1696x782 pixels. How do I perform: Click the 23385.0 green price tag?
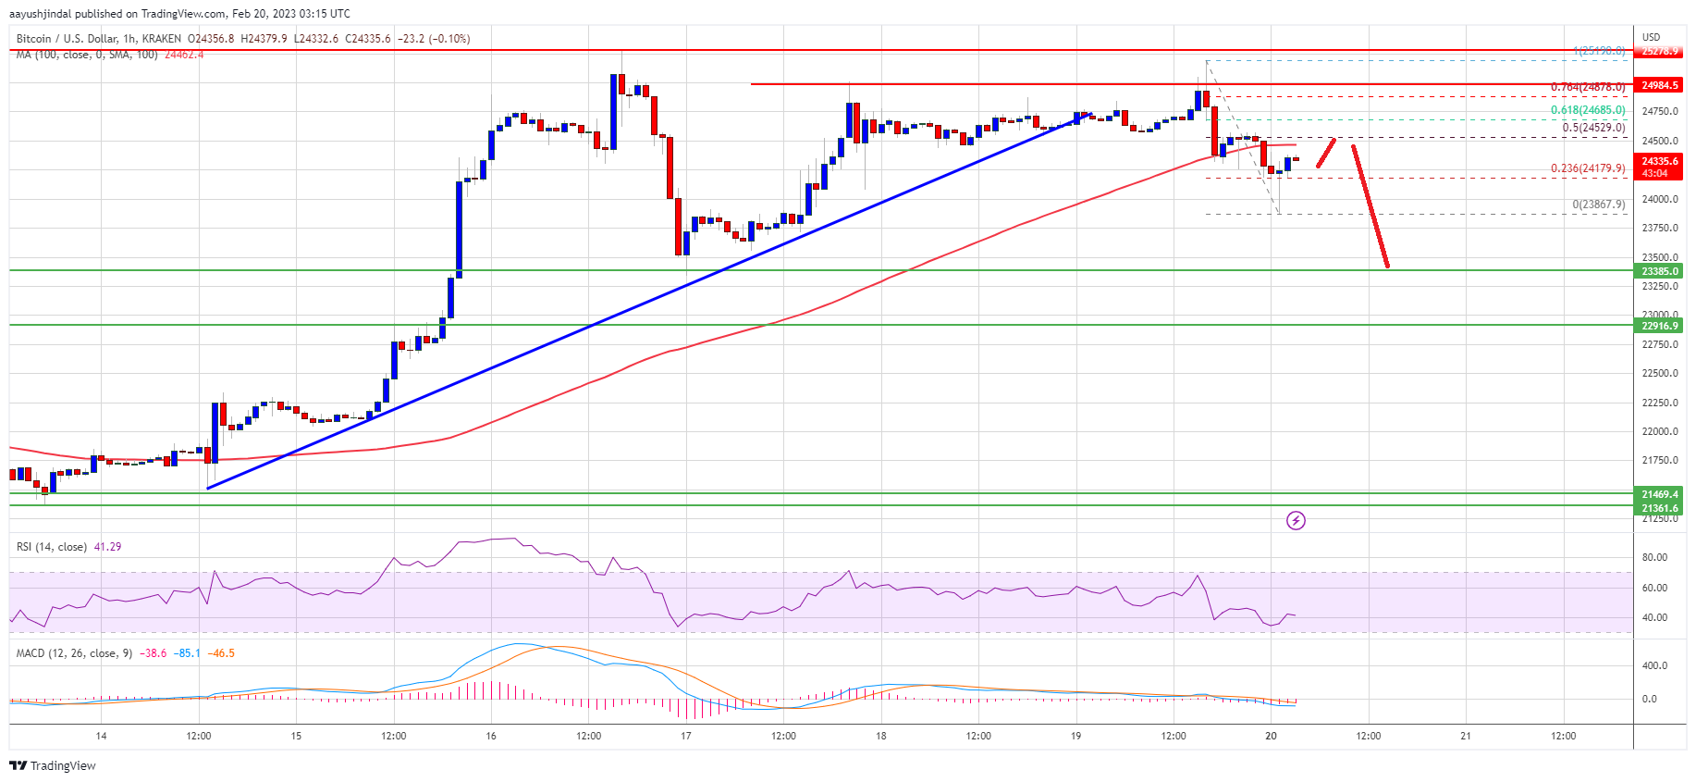(1660, 271)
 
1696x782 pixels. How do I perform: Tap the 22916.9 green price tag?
(1660, 326)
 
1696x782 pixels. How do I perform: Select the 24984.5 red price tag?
(1660, 85)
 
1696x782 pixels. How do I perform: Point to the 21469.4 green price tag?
(1660, 494)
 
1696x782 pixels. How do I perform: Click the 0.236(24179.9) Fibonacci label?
(1587, 168)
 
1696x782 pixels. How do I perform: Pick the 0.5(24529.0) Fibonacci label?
(1593, 128)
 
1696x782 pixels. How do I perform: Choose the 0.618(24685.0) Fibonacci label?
(1587, 110)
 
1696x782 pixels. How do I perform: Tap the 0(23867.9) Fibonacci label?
(1598, 205)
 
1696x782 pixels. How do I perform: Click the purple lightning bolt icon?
(1296, 521)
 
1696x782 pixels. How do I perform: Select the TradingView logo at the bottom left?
(53, 765)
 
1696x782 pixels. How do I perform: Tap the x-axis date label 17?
(686, 736)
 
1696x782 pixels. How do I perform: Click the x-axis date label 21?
(1466, 736)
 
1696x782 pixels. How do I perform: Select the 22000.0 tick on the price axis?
(1659, 431)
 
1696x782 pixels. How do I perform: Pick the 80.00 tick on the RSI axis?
(1654, 557)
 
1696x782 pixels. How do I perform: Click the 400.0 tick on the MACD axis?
(1654, 665)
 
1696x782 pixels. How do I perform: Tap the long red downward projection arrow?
(1370, 207)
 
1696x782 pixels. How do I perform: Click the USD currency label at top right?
(1651, 37)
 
